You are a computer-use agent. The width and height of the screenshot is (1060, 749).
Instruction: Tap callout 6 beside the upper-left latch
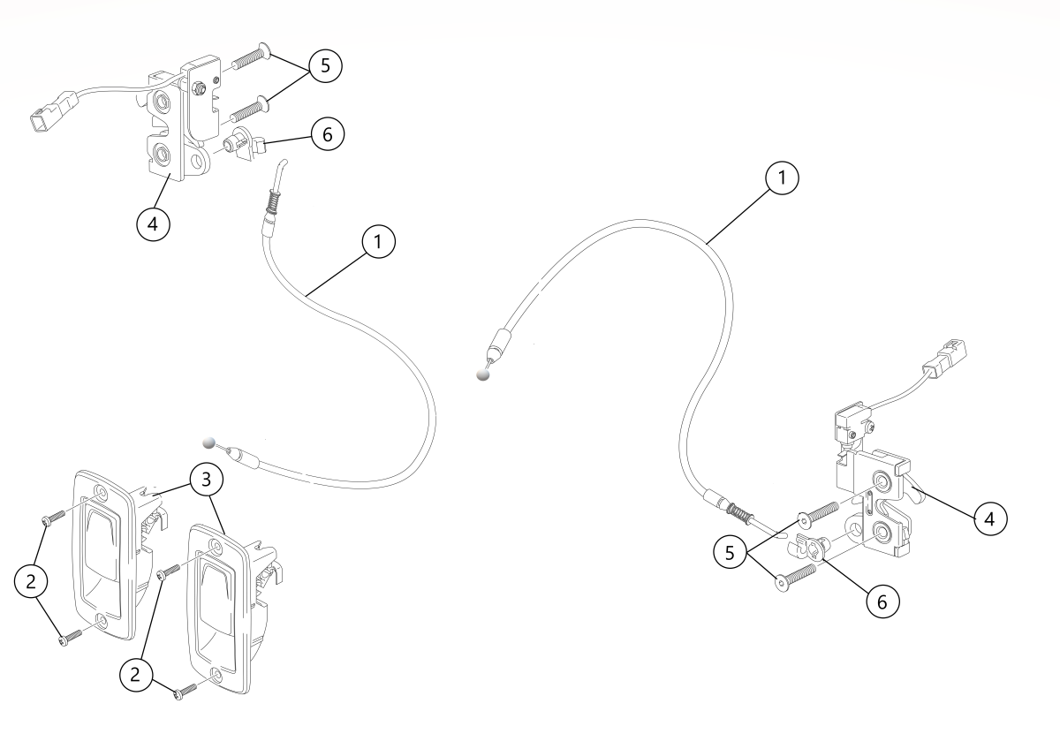326,135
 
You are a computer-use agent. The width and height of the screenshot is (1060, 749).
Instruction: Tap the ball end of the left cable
208,442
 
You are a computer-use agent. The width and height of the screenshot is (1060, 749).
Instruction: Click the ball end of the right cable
481,374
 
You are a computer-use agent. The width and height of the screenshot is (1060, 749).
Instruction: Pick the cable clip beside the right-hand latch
806,548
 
